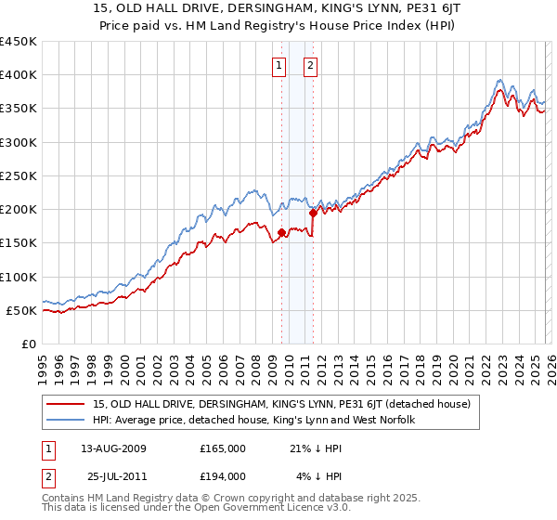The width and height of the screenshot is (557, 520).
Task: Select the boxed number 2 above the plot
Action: tap(309, 65)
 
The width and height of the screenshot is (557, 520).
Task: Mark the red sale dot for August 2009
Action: tap(281, 233)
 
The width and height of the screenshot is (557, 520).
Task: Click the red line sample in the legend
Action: tap(67, 404)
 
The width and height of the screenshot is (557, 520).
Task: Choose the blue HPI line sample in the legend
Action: tap(67, 420)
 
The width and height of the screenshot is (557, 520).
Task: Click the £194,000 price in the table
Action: tap(223, 475)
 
